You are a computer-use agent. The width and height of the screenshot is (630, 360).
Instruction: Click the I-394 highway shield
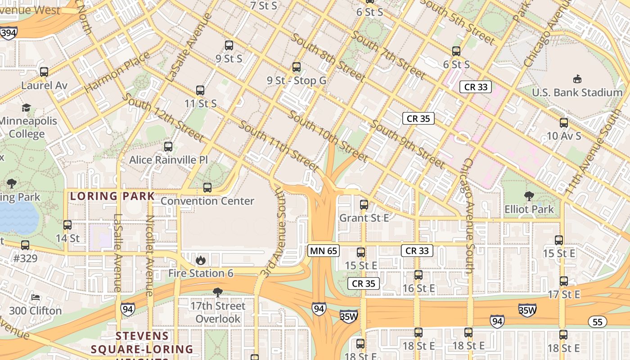pyautogui.click(x=9, y=33)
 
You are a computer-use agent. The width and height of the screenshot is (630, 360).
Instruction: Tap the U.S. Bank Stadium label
pyautogui.click(x=577, y=93)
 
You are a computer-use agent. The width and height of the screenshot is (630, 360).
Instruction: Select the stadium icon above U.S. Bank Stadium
pyautogui.click(x=577, y=79)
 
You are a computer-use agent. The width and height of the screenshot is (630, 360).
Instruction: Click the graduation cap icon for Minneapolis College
pyautogui.click(x=27, y=108)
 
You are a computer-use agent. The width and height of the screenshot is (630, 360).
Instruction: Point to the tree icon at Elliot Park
pyautogui.click(x=529, y=196)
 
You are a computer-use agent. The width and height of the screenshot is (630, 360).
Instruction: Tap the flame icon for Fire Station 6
pyautogui.click(x=201, y=260)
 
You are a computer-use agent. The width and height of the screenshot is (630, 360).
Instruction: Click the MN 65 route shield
pyautogui.click(x=323, y=251)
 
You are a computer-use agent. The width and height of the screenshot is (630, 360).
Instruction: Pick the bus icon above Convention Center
pyautogui.click(x=207, y=187)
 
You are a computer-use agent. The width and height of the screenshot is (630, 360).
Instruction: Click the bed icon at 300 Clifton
pyautogui.click(x=36, y=297)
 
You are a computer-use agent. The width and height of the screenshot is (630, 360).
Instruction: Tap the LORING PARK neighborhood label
pyautogui.click(x=112, y=196)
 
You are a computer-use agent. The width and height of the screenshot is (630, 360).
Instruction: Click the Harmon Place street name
pyautogui.click(x=117, y=72)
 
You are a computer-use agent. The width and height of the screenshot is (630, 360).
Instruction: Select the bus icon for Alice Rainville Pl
pyautogui.click(x=168, y=146)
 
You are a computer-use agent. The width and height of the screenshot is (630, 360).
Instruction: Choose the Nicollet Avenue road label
pyautogui.click(x=150, y=255)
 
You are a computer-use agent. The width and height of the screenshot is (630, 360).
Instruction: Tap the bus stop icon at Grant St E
pyautogui.click(x=364, y=205)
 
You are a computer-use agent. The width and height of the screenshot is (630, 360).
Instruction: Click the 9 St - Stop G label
pyautogui.click(x=296, y=81)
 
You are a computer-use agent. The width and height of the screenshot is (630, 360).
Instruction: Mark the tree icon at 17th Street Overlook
pyautogui.click(x=218, y=292)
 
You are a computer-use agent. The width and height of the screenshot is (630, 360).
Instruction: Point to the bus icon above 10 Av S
pyautogui.click(x=563, y=122)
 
